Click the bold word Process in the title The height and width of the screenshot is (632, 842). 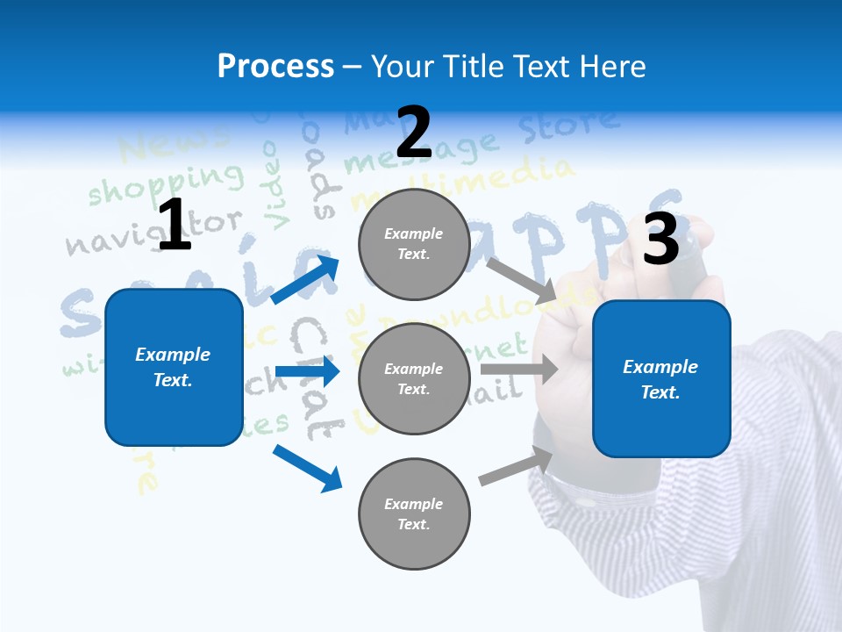click(275, 67)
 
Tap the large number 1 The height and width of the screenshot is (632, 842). click(175, 226)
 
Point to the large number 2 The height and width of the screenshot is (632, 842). click(414, 133)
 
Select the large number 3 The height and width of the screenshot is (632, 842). click(661, 240)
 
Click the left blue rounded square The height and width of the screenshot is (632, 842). click(174, 367)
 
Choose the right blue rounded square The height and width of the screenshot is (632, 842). click(661, 379)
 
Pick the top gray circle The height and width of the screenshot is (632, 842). click(414, 244)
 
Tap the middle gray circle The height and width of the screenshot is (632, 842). click(414, 378)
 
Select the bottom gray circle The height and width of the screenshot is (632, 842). click(414, 513)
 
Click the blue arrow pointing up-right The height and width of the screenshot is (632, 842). click(306, 278)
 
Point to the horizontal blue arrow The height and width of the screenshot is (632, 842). click(307, 372)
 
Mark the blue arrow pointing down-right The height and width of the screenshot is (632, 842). click(308, 468)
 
